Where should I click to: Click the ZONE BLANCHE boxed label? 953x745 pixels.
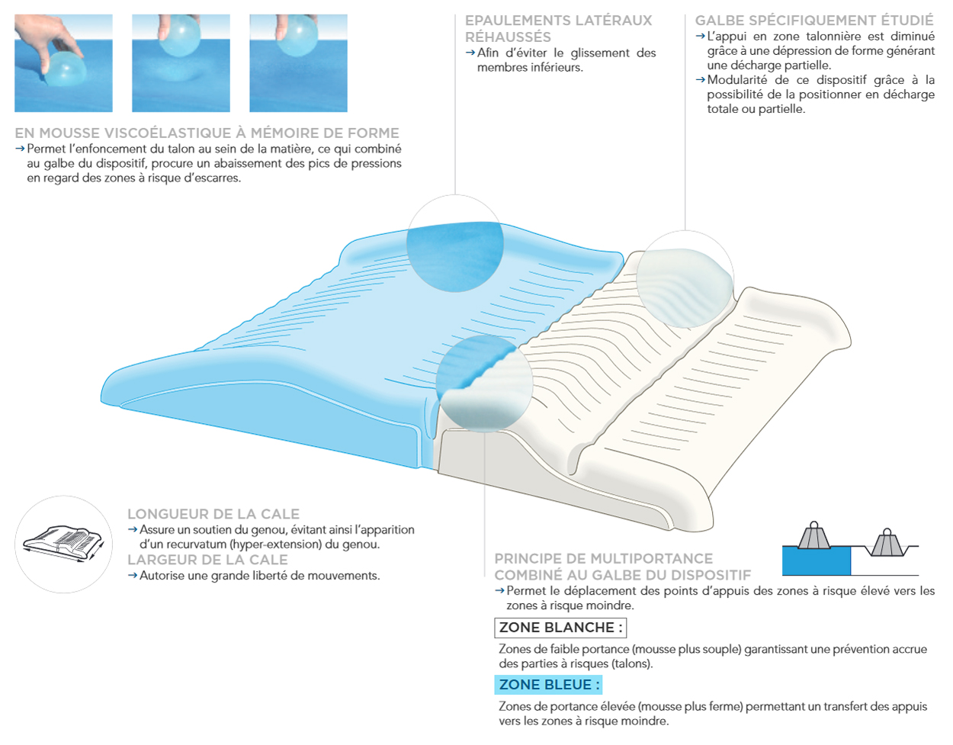pyautogui.click(x=560, y=628)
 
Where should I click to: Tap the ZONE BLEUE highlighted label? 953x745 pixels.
pyautogui.click(x=548, y=685)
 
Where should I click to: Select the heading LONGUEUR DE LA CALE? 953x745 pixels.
pyautogui.click(x=213, y=514)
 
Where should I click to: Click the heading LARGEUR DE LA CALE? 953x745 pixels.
pyautogui.click(x=207, y=560)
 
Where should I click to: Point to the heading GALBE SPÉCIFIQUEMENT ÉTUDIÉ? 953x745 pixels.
pyautogui.click(x=814, y=20)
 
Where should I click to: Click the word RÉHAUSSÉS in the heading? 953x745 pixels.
pyautogui.click(x=508, y=37)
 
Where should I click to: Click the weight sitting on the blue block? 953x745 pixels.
pyautogui.click(x=814, y=535)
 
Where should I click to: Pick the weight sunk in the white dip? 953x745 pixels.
pyautogui.click(x=887, y=543)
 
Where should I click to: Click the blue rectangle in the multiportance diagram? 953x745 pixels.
pyautogui.click(x=817, y=560)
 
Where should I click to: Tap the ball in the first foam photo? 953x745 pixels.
pyautogui.click(x=66, y=69)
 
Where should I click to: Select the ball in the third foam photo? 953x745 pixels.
pyautogui.click(x=297, y=36)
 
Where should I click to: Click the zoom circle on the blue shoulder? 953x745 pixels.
pyautogui.click(x=455, y=243)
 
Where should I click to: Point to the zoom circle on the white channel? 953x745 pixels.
pyautogui.click(x=685, y=279)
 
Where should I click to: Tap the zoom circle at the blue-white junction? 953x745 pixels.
pyautogui.click(x=484, y=384)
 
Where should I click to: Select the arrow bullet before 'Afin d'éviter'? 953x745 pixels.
pyautogui.click(x=470, y=53)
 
